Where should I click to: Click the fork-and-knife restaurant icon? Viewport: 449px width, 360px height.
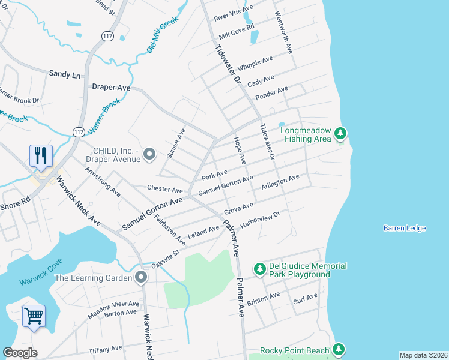click(41, 156)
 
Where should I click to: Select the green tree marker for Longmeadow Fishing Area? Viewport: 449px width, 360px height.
click(340, 133)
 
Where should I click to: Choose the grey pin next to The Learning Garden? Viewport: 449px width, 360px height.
click(141, 277)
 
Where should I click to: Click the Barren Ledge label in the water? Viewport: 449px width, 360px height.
click(405, 228)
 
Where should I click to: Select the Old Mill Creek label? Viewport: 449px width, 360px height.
click(163, 35)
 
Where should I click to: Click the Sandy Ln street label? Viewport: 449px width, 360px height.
click(64, 74)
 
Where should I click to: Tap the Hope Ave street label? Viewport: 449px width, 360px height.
click(239, 151)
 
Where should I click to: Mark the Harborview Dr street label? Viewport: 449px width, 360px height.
click(261, 220)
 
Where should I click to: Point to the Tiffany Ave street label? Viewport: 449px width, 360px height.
click(105, 349)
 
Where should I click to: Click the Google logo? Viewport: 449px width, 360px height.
click(20, 353)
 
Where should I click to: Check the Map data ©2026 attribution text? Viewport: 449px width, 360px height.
click(423, 355)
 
